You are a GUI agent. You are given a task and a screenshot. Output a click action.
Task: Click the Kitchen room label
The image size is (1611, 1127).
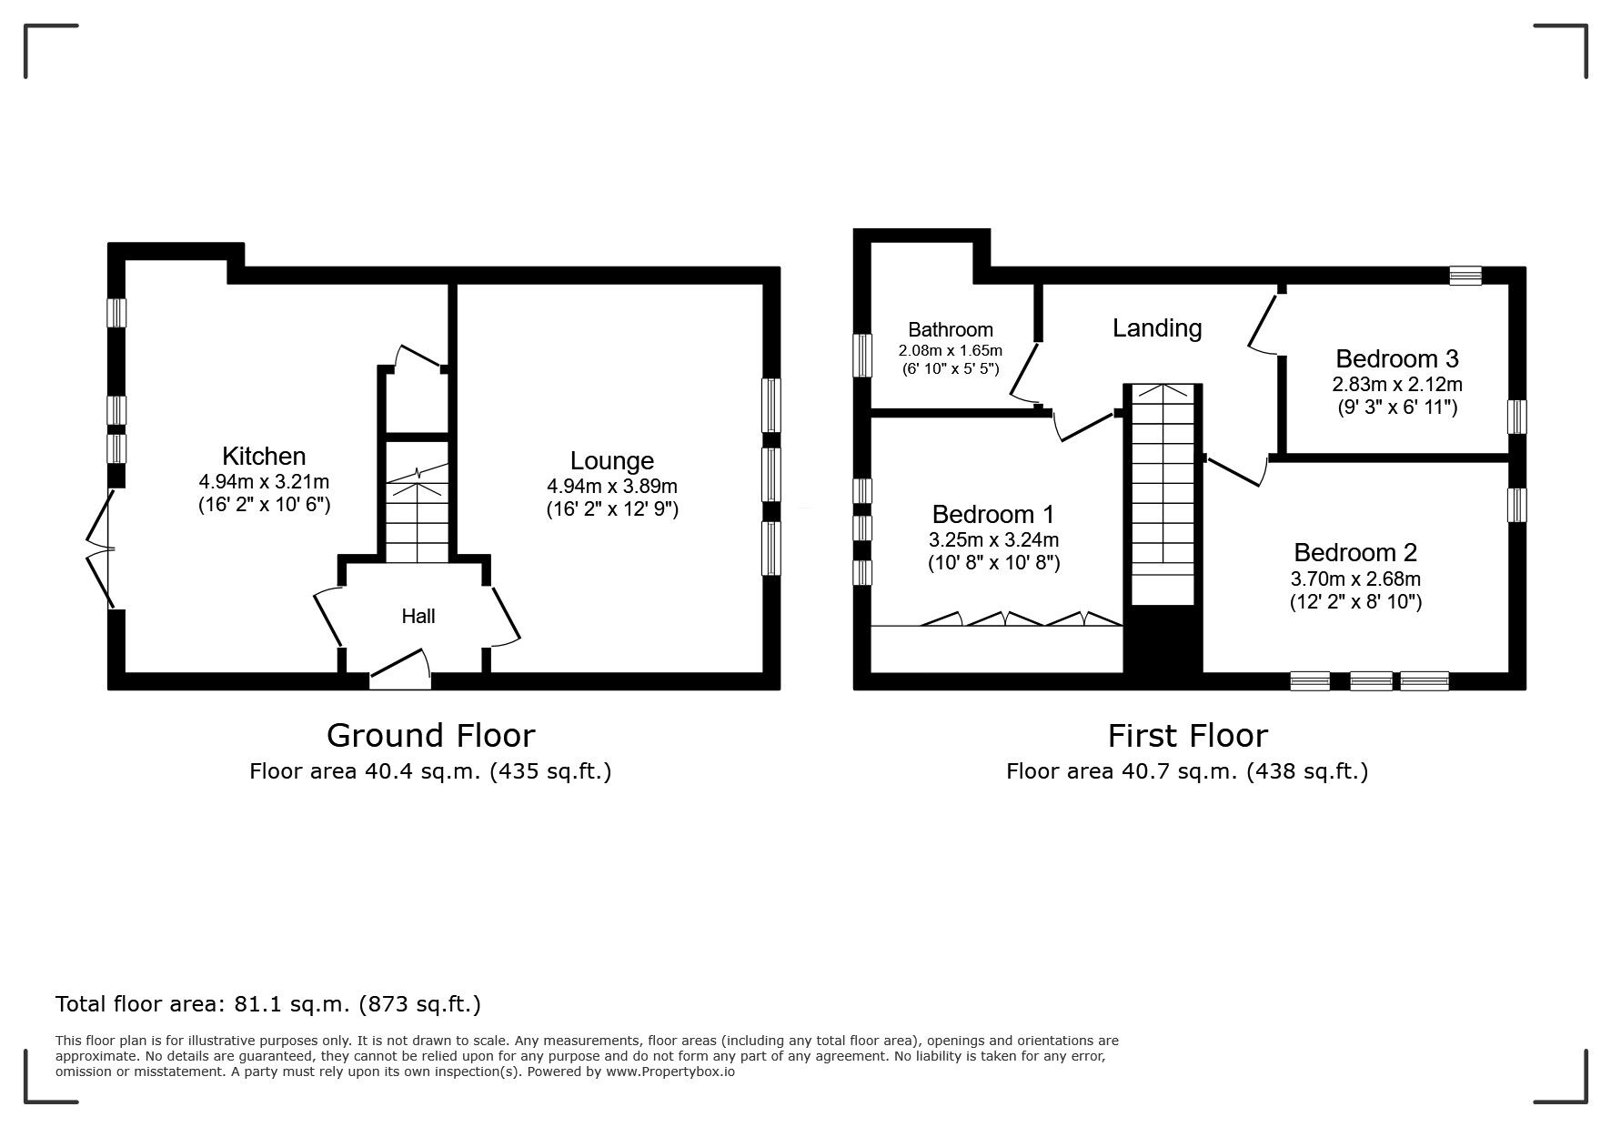click(x=264, y=457)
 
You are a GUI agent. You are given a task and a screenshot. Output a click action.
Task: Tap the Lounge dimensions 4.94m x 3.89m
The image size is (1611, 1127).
click(x=611, y=487)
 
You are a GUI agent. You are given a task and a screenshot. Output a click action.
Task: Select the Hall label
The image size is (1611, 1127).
click(x=418, y=617)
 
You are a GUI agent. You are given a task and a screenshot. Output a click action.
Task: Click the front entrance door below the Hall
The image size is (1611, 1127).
click(x=401, y=669)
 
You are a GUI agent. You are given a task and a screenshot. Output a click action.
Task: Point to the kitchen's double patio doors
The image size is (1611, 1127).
click(x=101, y=548)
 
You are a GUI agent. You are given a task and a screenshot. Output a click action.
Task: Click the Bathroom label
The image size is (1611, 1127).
click(x=951, y=329)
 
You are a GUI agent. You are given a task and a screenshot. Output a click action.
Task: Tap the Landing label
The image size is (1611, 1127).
click(x=1157, y=327)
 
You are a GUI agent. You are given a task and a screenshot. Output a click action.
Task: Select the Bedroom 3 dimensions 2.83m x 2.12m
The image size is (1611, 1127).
click(x=1397, y=384)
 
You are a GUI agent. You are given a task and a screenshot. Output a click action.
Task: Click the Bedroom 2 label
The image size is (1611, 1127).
click(x=1354, y=552)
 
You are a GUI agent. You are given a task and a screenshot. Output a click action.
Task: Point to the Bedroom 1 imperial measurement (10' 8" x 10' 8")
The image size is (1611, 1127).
click(x=993, y=563)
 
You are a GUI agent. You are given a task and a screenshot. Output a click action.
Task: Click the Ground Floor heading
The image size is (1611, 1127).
click(x=430, y=735)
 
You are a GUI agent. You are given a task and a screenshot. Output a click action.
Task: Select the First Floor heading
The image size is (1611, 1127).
click(x=1187, y=735)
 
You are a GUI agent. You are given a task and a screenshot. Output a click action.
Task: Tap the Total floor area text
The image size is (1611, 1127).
click(x=268, y=1004)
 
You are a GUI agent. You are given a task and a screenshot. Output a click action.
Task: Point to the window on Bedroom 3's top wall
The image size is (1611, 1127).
click(x=1465, y=275)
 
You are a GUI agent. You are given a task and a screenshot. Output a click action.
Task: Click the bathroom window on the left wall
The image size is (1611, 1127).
click(x=861, y=355)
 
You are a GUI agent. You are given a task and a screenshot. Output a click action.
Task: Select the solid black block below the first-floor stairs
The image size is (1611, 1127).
click(x=1163, y=641)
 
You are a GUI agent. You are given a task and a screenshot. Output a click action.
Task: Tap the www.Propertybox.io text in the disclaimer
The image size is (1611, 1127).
click(x=670, y=1072)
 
